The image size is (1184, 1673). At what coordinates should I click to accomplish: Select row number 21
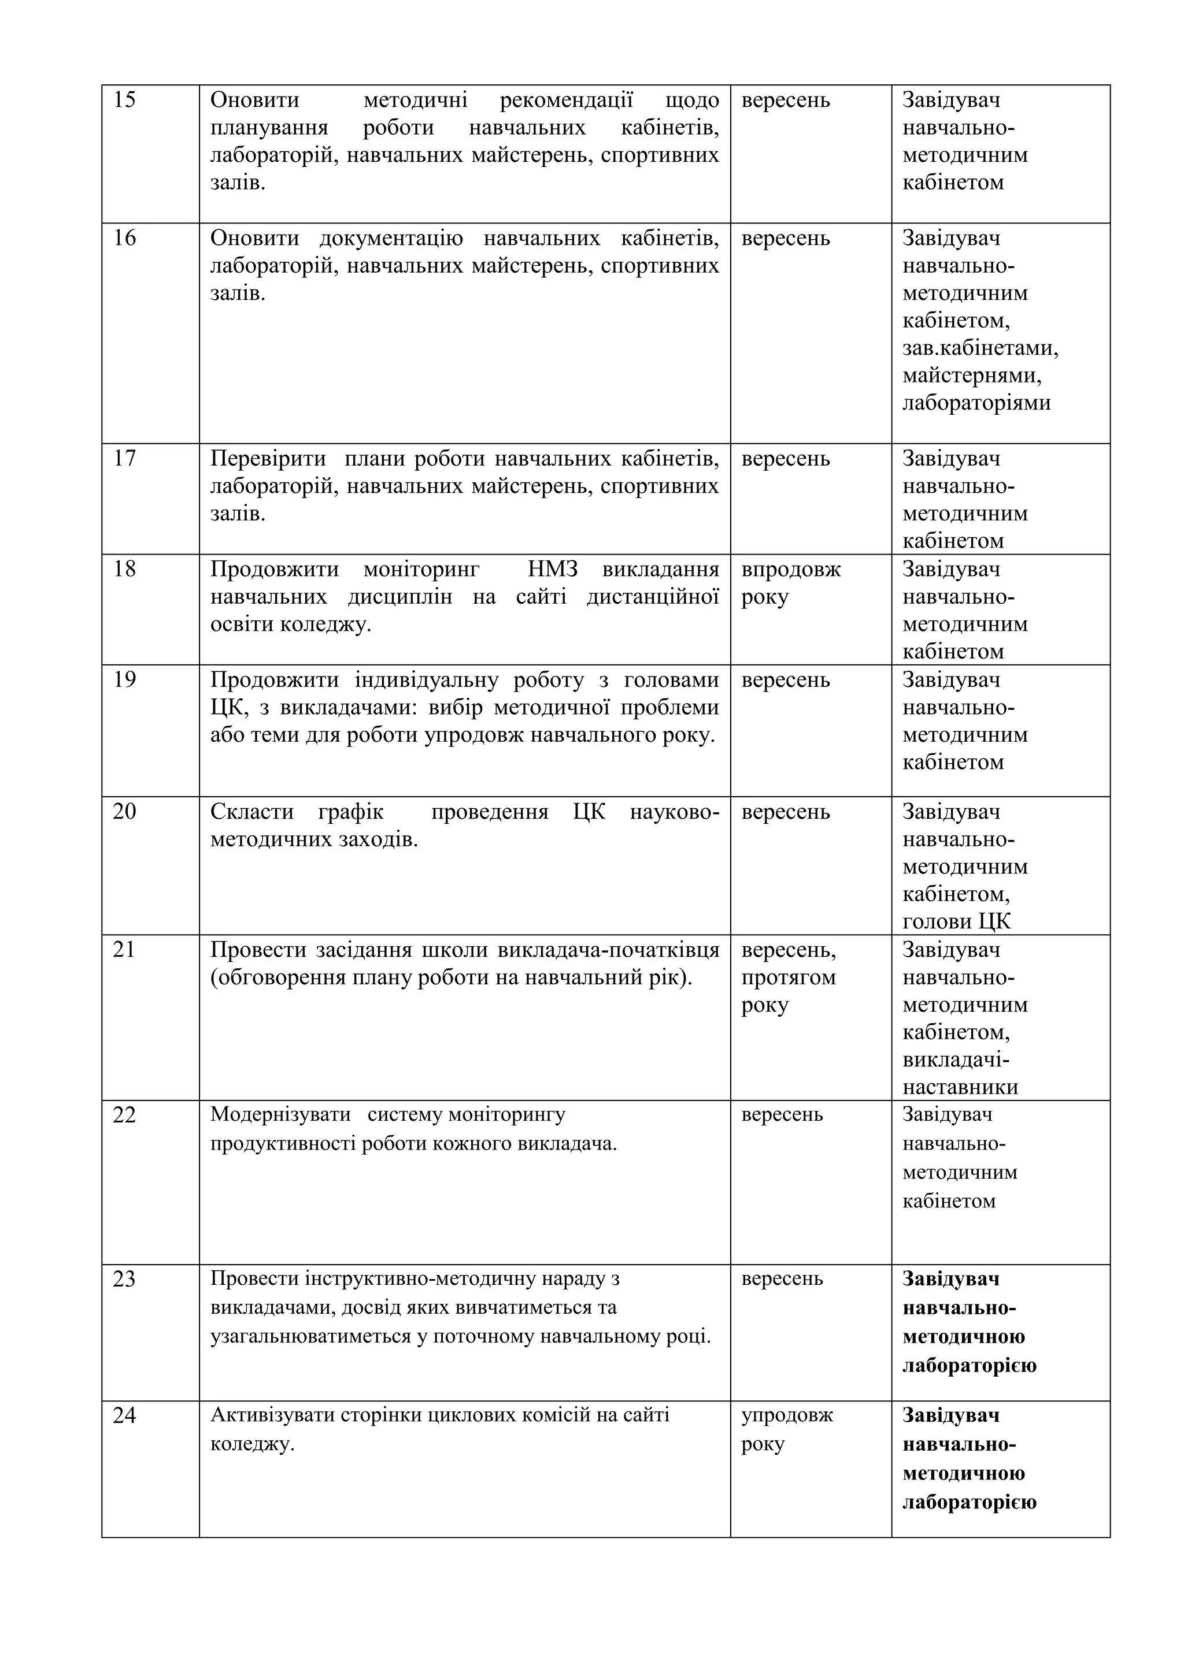(x=124, y=950)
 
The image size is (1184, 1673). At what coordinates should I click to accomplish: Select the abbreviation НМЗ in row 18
(x=552, y=569)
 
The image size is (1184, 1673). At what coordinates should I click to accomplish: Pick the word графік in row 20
(x=351, y=812)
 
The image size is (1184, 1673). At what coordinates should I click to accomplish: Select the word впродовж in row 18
(x=790, y=569)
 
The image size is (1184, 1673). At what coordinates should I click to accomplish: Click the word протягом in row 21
(x=788, y=977)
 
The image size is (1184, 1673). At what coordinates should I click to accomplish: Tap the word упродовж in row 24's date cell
(x=787, y=1415)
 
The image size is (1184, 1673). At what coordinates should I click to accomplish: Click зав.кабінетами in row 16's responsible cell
(x=980, y=348)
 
